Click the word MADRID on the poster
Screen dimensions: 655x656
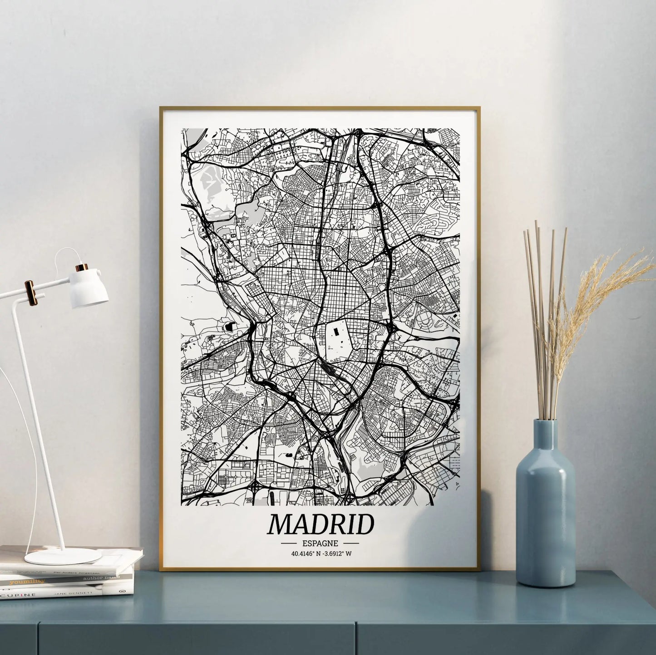pyautogui.click(x=320, y=525)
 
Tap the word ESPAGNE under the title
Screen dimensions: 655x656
pyautogui.click(x=320, y=543)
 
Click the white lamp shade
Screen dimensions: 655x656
pyautogui.click(x=93, y=285)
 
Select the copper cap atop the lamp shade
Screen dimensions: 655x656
pyautogui.click(x=82, y=268)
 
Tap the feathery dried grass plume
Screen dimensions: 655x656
pyautogui.click(x=604, y=290)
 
